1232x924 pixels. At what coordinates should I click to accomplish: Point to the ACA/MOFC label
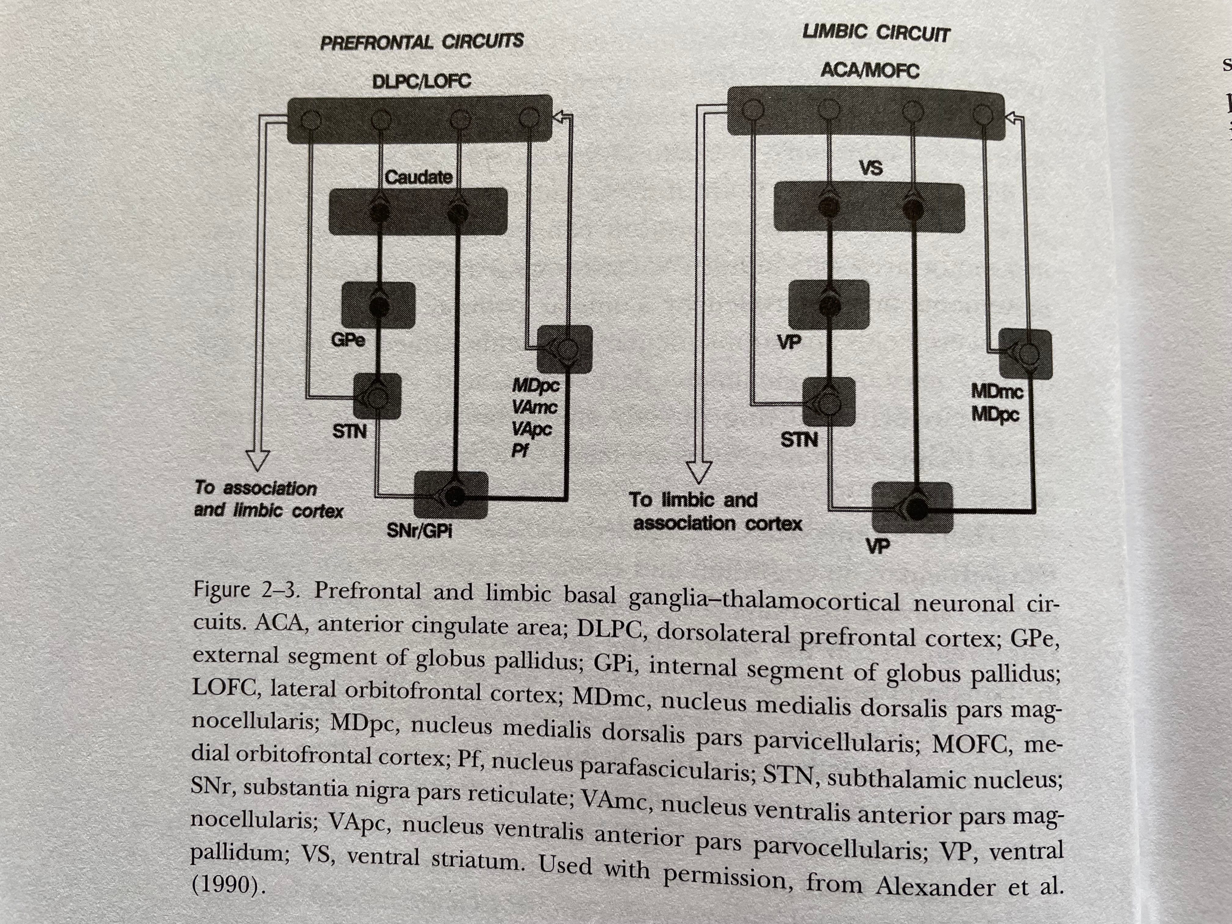tap(869, 71)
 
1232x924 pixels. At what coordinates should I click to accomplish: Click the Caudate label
tap(418, 178)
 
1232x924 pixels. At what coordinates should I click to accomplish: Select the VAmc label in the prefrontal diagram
tap(534, 407)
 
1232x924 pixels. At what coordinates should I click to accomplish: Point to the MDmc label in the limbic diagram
tap(997, 391)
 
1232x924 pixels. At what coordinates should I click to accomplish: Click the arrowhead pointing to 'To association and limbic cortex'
tap(257, 460)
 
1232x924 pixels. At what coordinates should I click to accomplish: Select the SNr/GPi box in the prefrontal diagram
tap(451, 495)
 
